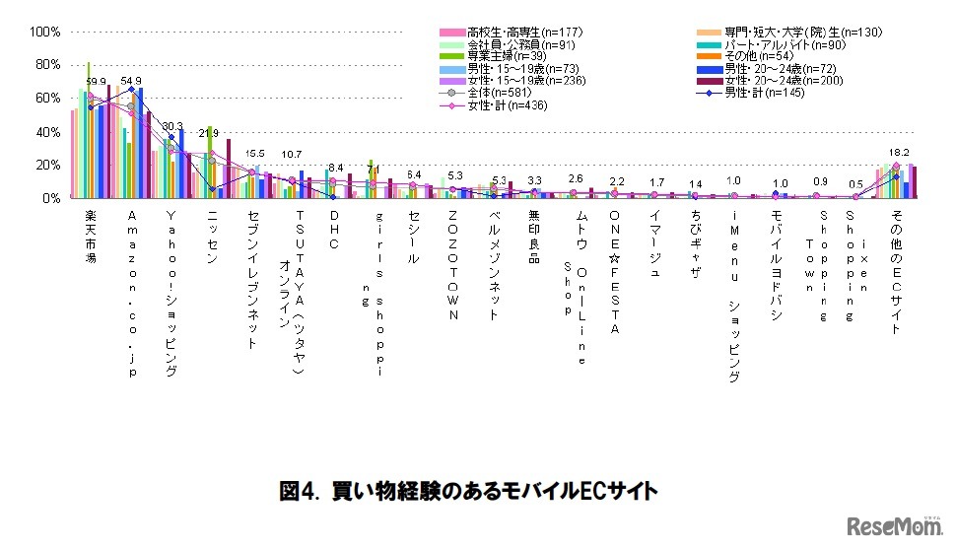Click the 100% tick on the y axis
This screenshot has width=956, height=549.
point(46,32)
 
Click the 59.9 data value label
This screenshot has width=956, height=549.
point(97,82)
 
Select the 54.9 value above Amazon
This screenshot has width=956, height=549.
point(132,81)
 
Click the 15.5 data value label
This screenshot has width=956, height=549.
point(255,154)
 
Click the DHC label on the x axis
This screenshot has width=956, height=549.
point(335,229)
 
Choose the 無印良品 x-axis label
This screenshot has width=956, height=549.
point(535,237)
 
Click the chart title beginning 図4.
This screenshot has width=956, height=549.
point(468,489)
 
